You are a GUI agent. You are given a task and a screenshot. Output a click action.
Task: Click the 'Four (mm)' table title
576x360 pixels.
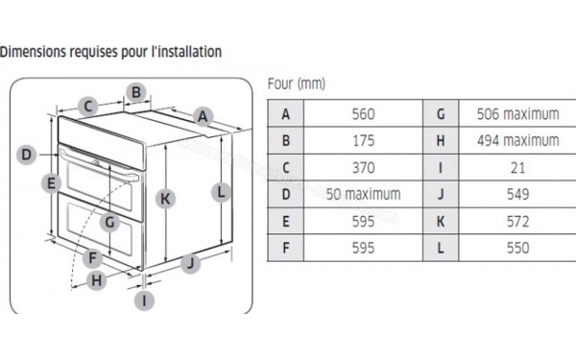point(297,85)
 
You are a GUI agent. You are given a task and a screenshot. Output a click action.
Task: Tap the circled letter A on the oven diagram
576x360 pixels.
point(202,117)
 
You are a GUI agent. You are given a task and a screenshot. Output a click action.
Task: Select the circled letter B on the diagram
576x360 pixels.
point(136,92)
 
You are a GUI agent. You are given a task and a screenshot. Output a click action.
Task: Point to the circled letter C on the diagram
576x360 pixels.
point(86,107)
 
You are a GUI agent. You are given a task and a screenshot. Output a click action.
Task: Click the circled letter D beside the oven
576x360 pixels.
point(27,154)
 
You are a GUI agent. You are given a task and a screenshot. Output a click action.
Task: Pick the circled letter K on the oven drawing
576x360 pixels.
point(166,199)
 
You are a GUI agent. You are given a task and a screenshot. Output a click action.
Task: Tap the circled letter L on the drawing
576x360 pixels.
point(221,191)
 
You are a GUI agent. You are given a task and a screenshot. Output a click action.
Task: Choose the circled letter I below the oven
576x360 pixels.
point(144,300)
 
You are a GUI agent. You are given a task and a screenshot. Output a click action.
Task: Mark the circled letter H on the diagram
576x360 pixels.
point(97,280)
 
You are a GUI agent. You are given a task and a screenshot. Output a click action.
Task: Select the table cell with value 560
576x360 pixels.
point(363,113)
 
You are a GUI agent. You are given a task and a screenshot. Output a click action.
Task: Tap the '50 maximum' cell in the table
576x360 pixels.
point(363,194)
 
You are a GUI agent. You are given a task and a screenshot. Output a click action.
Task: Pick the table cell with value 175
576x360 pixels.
point(363,140)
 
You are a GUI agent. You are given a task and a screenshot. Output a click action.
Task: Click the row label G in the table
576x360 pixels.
point(440,113)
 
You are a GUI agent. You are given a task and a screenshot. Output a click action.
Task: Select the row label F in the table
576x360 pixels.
point(285,248)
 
